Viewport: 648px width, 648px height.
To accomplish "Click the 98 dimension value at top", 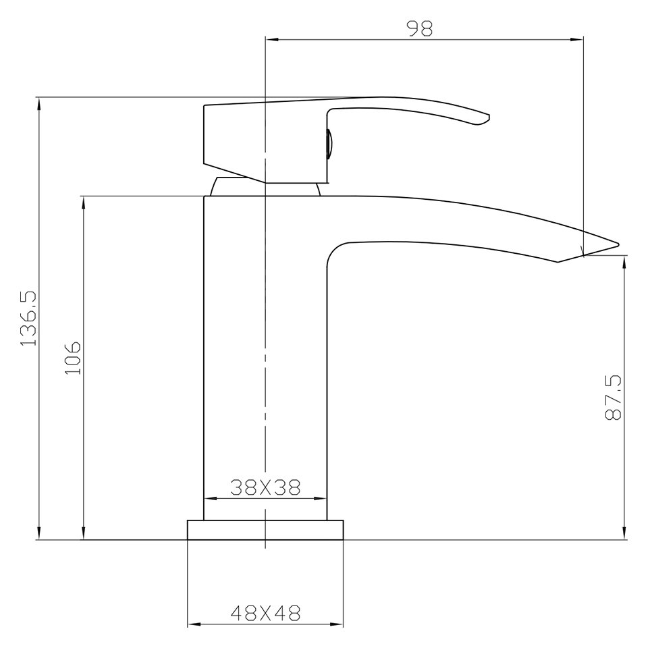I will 418,28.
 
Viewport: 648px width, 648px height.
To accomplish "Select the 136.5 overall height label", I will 28,318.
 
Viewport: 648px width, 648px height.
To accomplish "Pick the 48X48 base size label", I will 265,613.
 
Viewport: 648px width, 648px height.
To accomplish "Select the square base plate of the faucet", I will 265,530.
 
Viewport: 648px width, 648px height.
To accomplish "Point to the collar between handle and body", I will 265,187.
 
